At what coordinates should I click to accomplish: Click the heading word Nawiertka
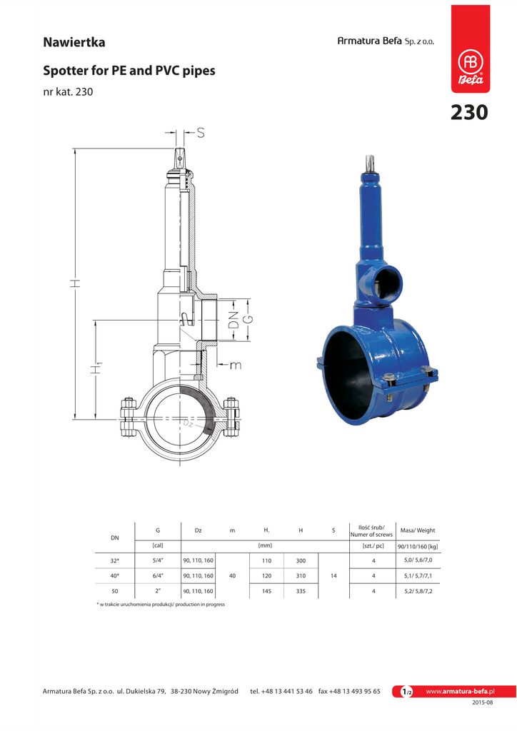74,42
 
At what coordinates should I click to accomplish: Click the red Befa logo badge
471,49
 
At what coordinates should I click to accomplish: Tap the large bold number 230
469,112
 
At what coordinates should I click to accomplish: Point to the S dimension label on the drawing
201,133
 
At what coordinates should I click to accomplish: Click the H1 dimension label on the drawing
96,368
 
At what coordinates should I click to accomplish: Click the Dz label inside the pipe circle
187,423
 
